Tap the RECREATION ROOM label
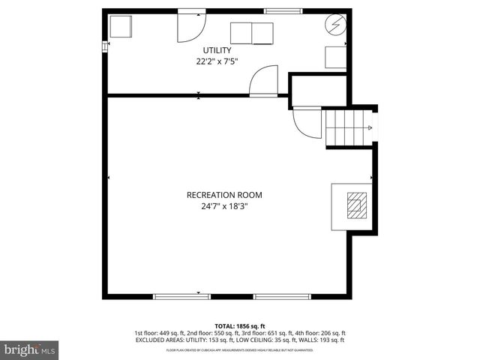point(224,195)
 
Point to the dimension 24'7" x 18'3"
point(224,208)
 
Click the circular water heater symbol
point(334,25)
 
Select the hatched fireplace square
point(357,202)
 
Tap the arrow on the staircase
point(368,127)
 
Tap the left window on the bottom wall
point(181,296)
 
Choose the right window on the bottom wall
point(282,296)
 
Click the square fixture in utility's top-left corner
point(120,26)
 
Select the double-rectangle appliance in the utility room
point(251,34)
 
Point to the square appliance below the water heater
point(334,58)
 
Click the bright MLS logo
point(30,349)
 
